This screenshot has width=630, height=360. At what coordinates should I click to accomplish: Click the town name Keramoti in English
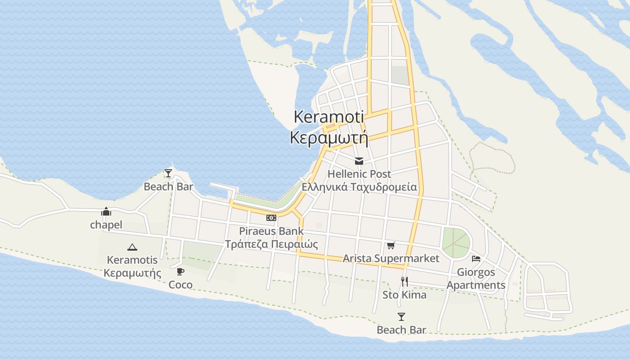(328, 117)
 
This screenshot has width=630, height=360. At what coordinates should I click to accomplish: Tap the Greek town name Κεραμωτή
(328, 137)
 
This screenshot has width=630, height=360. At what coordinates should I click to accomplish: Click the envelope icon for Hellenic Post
(359, 161)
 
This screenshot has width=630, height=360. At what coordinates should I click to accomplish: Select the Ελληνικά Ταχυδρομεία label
(359, 187)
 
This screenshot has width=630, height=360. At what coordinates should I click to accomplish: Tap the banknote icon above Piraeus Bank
(271, 218)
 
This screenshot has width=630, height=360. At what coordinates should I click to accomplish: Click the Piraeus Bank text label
(271, 231)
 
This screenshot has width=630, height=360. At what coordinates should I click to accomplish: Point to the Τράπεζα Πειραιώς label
(271, 244)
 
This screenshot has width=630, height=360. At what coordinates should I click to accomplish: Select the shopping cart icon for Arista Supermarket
(391, 245)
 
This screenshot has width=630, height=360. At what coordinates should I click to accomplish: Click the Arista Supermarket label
(391, 258)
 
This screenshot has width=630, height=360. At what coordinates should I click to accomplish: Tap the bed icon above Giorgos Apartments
(476, 259)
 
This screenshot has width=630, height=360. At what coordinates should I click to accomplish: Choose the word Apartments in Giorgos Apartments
(476, 285)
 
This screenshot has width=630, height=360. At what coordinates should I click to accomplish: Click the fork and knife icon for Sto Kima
(405, 282)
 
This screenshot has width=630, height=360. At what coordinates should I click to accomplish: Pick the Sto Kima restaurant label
(405, 295)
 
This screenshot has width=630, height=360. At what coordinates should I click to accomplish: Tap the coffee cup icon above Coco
(180, 271)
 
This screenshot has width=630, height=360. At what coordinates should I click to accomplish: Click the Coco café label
(180, 284)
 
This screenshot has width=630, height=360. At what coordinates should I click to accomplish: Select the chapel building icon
(106, 211)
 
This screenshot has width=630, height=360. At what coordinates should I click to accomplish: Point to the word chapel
(106, 225)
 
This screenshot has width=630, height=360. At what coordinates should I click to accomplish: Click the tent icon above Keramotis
(132, 247)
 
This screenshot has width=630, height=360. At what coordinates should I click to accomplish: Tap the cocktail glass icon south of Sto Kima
(401, 317)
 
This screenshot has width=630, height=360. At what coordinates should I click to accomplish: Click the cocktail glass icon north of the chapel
(168, 173)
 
